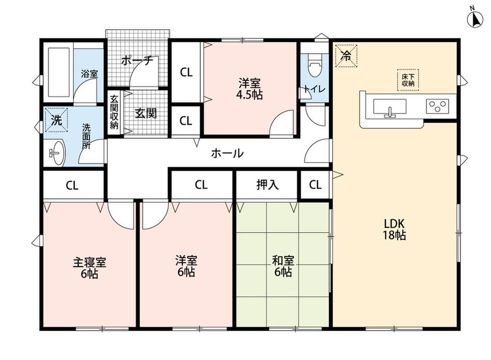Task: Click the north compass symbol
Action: tap(475, 18)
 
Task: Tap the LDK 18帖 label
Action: tap(394, 229)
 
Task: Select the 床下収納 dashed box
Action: tap(408, 80)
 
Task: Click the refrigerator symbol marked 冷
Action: tap(346, 56)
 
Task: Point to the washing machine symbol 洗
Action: tap(56, 120)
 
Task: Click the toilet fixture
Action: tap(315, 65)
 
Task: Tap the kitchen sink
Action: tap(390, 108)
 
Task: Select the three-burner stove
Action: tap(437, 106)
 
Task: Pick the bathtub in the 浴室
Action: tap(59, 72)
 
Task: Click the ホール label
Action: tap(227, 153)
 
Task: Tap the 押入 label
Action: tap(267, 184)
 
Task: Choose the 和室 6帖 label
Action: tap(283, 266)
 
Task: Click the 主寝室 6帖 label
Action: tap(90, 268)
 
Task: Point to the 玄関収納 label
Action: tap(114, 112)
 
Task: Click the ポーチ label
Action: tap(137, 60)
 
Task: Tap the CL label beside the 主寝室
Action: tap(72, 186)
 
